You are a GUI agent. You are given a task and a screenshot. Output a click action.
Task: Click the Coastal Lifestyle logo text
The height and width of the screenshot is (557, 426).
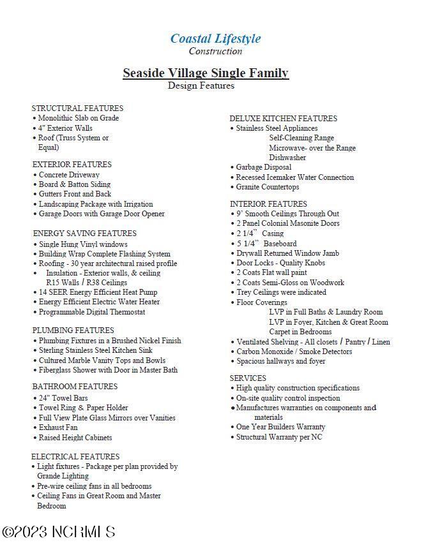click(215, 38)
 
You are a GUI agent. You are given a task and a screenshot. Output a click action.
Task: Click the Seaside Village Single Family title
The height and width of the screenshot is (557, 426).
click(206, 73)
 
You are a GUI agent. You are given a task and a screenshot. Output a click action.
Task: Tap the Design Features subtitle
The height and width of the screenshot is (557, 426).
click(201, 85)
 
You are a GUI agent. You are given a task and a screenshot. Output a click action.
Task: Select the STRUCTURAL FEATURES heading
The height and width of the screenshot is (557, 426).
click(77, 108)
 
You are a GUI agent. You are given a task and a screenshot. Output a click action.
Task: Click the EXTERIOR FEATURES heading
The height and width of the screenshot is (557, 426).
click(72, 165)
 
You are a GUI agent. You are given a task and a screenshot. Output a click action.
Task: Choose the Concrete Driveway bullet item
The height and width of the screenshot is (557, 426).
click(69, 175)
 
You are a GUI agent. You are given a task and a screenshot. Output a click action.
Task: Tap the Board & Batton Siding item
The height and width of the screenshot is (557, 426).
click(74, 184)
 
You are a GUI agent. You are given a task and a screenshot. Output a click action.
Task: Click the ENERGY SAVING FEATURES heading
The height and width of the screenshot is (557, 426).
click(84, 234)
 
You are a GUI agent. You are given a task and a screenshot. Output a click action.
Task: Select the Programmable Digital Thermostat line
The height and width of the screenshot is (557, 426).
click(91, 312)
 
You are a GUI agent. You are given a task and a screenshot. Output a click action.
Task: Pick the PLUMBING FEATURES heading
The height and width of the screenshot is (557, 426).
click(73, 330)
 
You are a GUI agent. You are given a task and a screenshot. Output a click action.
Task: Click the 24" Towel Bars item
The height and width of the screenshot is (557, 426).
click(63, 398)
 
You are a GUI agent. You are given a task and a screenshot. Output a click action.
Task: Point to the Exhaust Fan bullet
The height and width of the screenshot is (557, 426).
click(58, 427)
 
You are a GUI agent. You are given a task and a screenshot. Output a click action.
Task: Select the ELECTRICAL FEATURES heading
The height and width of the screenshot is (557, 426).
click(75, 457)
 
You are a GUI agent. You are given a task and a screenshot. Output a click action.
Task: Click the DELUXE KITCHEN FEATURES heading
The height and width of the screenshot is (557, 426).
click(283, 119)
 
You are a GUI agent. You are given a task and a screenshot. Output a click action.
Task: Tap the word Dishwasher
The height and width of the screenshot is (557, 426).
click(287, 158)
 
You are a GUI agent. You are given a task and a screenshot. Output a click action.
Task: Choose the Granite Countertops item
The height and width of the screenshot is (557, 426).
click(267, 187)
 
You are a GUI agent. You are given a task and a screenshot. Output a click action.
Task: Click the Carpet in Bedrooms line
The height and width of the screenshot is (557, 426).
click(300, 332)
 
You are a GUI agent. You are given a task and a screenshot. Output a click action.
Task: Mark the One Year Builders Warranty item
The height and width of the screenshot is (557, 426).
click(280, 427)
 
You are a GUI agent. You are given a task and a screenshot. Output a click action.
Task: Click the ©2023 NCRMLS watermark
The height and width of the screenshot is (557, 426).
click(59, 532)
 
